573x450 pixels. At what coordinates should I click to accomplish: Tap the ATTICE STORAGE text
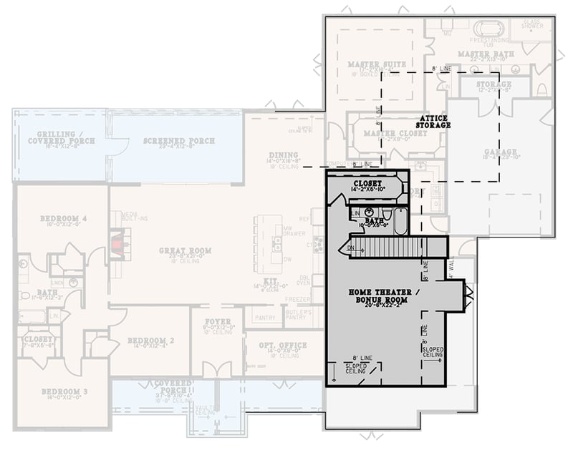pyautogui.click(x=433, y=121)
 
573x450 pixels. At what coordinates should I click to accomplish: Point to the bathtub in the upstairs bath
pyautogui.click(x=400, y=221)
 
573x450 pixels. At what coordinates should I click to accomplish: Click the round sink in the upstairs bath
pyautogui.click(x=370, y=212)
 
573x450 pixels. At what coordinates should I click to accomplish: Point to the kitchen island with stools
pyautogui.click(x=267, y=244)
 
